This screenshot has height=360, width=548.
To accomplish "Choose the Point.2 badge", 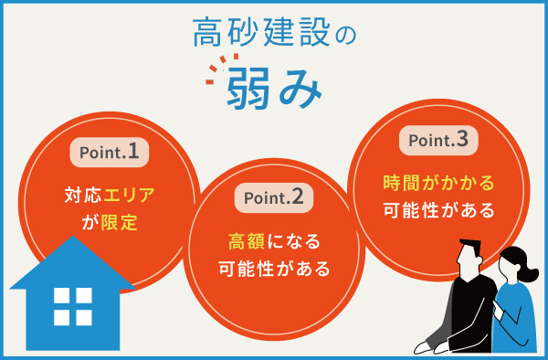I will click(x=274, y=197).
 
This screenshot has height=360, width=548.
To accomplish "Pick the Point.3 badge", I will click(x=438, y=140).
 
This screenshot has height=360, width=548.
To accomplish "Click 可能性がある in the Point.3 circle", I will click(x=438, y=210).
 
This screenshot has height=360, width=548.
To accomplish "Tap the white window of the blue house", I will click(x=73, y=306).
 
